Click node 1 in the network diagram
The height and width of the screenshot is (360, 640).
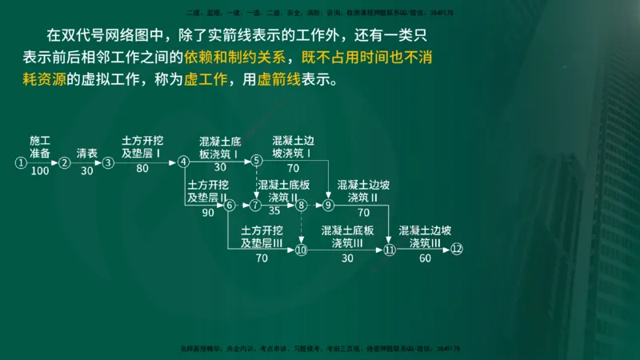pyautogui.click(x=20, y=162)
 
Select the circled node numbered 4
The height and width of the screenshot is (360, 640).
pyautogui.click(x=183, y=162)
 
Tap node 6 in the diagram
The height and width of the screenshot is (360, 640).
pyautogui.click(x=230, y=206)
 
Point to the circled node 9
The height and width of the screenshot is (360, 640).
pyautogui.click(x=328, y=206)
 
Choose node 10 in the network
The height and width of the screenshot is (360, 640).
pyautogui.click(x=301, y=250)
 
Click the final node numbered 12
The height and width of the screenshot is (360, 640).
pyautogui.click(x=457, y=250)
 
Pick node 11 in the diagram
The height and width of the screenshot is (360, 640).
pyautogui.click(x=390, y=250)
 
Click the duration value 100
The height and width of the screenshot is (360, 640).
pyautogui.click(x=40, y=170)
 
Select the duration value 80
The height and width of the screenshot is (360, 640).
pyautogui.click(x=142, y=169)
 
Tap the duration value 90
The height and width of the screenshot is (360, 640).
pyautogui.click(x=208, y=213)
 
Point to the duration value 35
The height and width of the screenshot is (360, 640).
pyautogui.click(x=274, y=212)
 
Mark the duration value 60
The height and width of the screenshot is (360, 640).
pyautogui.click(x=425, y=258)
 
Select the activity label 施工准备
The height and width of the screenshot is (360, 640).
pyautogui.click(x=40, y=146)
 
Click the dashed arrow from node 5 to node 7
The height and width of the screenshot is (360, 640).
pyautogui.click(x=257, y=183)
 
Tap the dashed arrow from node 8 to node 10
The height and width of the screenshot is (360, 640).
pyautogui.click(x=301, y=227)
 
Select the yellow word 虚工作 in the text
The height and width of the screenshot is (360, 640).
pyautogui.click(x=206, y=81)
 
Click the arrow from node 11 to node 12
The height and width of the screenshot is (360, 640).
pyautogui.click(x=423, y=250)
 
